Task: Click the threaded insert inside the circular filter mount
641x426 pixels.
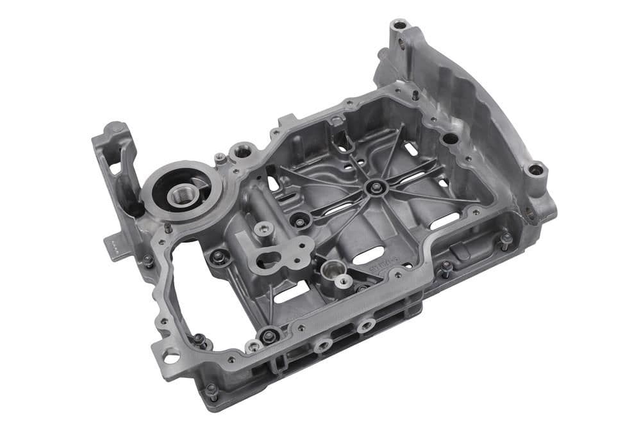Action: point(181,194)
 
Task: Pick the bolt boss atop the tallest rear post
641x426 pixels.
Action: point(400,26)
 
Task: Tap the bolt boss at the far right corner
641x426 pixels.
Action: point(536,170)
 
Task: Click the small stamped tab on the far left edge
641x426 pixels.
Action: point(113,246)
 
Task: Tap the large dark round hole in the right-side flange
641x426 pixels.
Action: point(451,138)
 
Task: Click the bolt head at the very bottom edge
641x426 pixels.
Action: point(212,389)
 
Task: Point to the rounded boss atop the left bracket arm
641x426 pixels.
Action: point(115,129)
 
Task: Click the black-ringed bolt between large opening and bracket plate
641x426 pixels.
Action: point(219,257)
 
